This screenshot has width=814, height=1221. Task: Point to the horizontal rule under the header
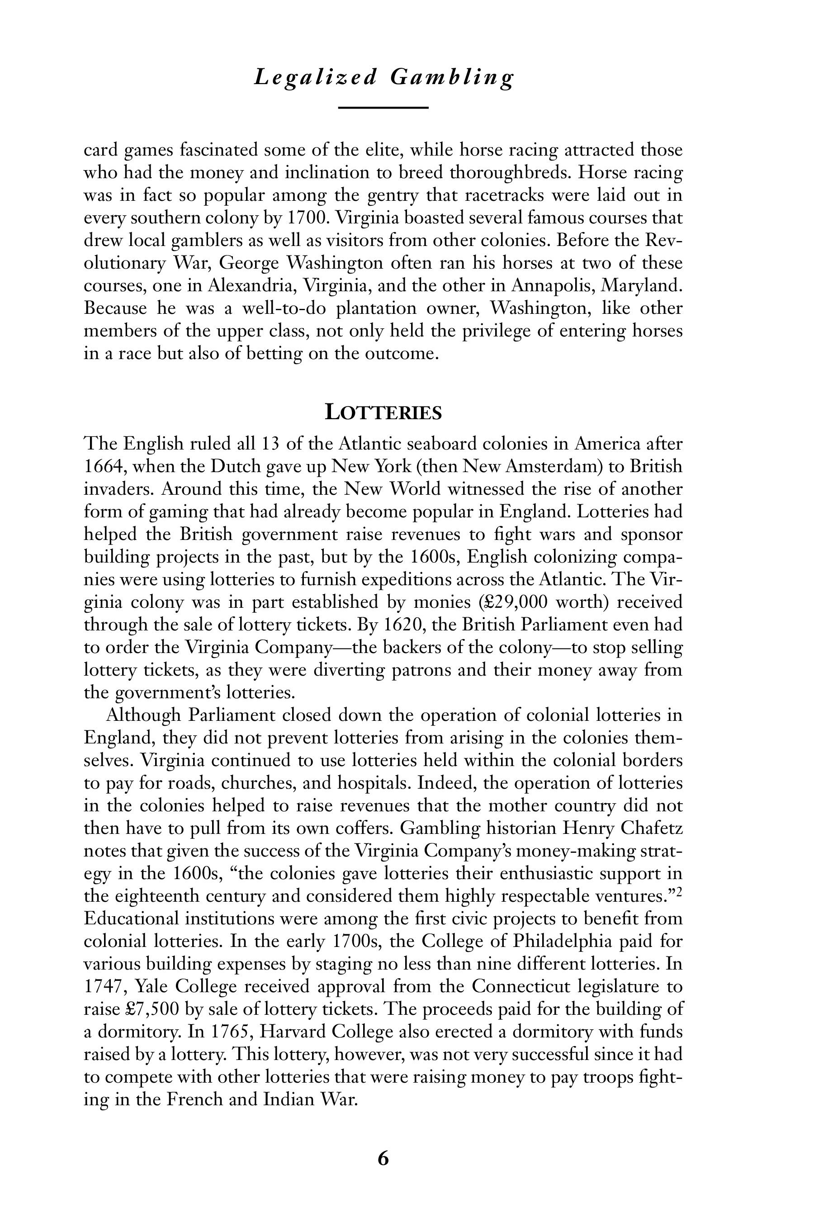coord(383,108)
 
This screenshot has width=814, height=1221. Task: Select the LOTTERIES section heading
coord(383,413)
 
